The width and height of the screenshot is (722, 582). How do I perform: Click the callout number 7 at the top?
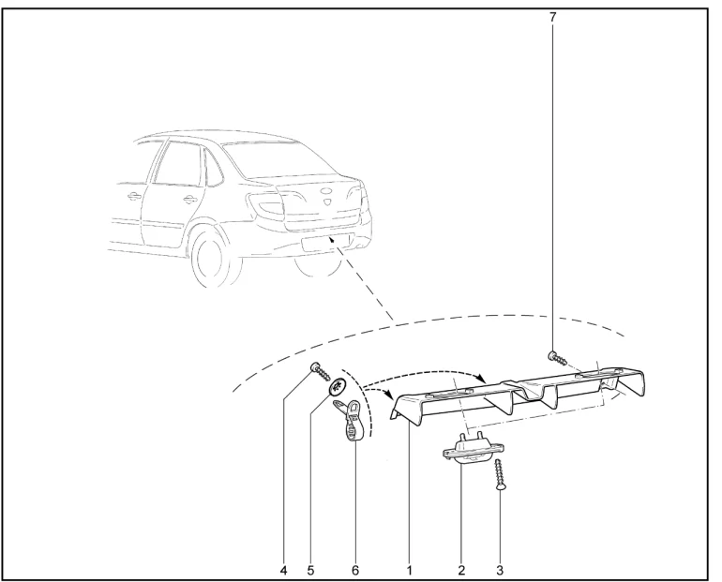pos(552,17)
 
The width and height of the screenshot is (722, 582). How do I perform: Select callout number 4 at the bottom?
pos(283,571)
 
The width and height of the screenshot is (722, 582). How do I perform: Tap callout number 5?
pos(310,571)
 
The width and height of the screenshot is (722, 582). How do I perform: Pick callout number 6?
pos(355,571)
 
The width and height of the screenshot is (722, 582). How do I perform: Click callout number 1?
pos(410,571)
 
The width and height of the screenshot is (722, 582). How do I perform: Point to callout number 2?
pos(461,571)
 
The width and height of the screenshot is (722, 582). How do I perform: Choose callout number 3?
pos(500,571)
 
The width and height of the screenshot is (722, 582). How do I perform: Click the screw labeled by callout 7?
pos(557,357)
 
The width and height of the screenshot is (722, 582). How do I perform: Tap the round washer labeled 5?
pos(338,386)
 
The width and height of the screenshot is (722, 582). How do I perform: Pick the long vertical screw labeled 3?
pos(499,475)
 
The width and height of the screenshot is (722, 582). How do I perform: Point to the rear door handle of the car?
pos(188,200)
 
